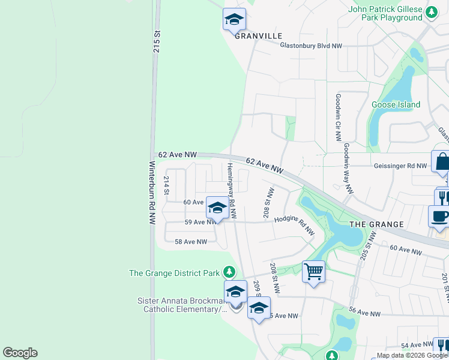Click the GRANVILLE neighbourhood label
[258, 36]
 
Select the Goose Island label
[396, 104]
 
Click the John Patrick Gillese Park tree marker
[431, 12]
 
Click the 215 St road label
[157, 43]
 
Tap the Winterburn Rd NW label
[152, 193]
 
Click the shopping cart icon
[313, 272]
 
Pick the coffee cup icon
[439, 217]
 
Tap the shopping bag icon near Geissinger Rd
[442, 162]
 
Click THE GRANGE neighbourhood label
[377, 224]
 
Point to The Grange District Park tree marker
[228, 272]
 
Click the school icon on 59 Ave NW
[217, 208]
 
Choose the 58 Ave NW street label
[190, 242]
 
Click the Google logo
[20, 353]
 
